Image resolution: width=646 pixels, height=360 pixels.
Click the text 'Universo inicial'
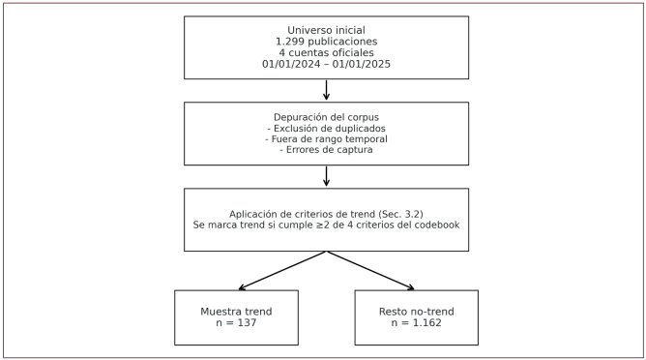[x=326, y=30]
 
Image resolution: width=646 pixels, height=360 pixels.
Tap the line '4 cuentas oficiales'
[x=326, y=52]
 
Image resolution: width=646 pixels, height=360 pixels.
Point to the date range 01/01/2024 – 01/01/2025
[x=326, y=64]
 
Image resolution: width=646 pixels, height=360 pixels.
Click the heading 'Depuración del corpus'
[x=326, y=117]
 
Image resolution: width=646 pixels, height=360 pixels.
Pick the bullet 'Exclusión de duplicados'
[x=326, y=129]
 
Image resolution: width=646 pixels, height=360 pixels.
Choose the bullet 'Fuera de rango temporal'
[x=326, y=139]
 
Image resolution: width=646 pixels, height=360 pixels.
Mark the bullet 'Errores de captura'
[x=326, y=150]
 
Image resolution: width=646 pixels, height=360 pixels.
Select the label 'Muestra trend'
[x=236, y=312]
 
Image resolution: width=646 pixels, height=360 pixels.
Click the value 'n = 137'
[x=236, y=323]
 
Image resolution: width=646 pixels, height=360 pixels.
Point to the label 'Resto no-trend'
[x=416, y=312]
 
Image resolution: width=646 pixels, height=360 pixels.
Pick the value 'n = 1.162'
[x=416, y=323]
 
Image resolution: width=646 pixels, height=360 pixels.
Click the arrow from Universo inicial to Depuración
[x=326, y=90]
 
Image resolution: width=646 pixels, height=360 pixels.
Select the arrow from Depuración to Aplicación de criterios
[x=326, y=176]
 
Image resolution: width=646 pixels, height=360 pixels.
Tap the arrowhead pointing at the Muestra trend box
[x=242, y=287]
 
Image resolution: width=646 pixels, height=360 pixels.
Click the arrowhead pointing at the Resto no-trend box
[x=411, y=287]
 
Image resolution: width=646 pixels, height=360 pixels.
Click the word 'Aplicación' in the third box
[x=256, y=214]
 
